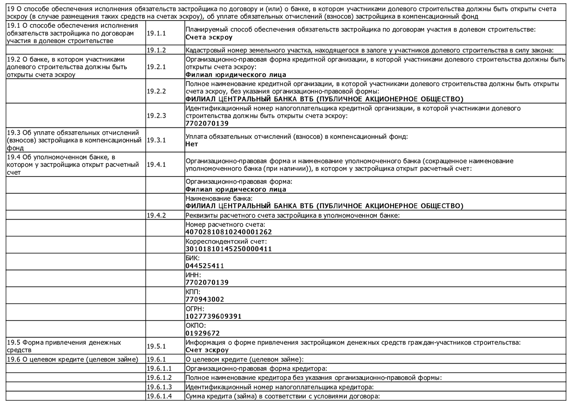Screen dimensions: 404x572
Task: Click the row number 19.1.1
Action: click(156, 33)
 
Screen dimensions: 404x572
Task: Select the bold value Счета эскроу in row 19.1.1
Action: click(209, 37)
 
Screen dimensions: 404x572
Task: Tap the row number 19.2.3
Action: click(156, 116)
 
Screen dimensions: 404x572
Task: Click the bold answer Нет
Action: click(192, 144)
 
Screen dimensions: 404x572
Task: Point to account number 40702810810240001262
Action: click(229, 232)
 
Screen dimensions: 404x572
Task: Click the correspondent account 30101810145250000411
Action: click(229, 249)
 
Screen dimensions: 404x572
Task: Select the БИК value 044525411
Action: click(205, 266)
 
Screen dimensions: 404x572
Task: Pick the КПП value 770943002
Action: click(205, 299)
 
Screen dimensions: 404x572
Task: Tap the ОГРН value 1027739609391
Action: click(213, 316)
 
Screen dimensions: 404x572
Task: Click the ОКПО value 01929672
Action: click(202, 333)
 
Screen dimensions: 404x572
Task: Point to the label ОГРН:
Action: click(195, 309)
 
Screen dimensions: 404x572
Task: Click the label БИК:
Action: click(192, 258)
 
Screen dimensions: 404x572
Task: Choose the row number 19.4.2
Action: click(156, 215)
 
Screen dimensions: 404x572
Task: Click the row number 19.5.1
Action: click(156, 346)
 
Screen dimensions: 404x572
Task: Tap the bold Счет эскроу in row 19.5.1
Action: click(207, 350)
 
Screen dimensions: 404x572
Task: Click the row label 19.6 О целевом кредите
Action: click(73, 359)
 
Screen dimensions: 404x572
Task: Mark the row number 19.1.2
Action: click(156, 50)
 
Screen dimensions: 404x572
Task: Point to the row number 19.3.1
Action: click(156, 140)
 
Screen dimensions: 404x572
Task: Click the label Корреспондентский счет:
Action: click(226, 241)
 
